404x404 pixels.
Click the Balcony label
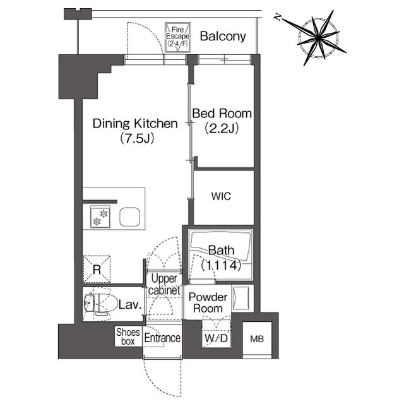pyautogui.click(x=223, y=37)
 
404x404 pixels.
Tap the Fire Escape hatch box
pyautogui.click(x=177, y=38)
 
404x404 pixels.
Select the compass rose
pyautogui.click(x=318, y=38)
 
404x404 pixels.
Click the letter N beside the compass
pyautogui.click(x=278, y=18)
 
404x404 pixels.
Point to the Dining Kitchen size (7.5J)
pyautogui.click(x=137, y=139)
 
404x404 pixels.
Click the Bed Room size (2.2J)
pyautogui.click(x=222, y=128)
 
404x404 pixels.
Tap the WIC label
pyautogui.click(x=221, y=196)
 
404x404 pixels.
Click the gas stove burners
pyautogui.click(x=100, y=217)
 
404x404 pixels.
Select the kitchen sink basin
pyautogui.click(x=130, y=217)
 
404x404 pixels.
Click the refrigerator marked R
pyautogui.click(x=97, y=269)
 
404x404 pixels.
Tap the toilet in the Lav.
pyautogui.click(x=98, y=304)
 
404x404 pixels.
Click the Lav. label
pyautogui.click(x=131, y=305)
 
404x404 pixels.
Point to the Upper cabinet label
pyautogui.click(x=164, y=285)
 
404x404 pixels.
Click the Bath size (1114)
pyautogui.click(x=222, y=265)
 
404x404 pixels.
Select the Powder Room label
pyautogui.click(x=208, y=303)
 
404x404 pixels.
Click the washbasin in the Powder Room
pyautogui.click(x=241, y=298)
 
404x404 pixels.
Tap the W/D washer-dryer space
pyautogui.click(x=216, y=334)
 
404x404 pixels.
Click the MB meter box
pyautogui.click(x=257, y=339)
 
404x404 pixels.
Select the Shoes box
pyautogui.click(x=128, y=336)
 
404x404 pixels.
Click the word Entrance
pyautogui.click(x=162, y=338)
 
